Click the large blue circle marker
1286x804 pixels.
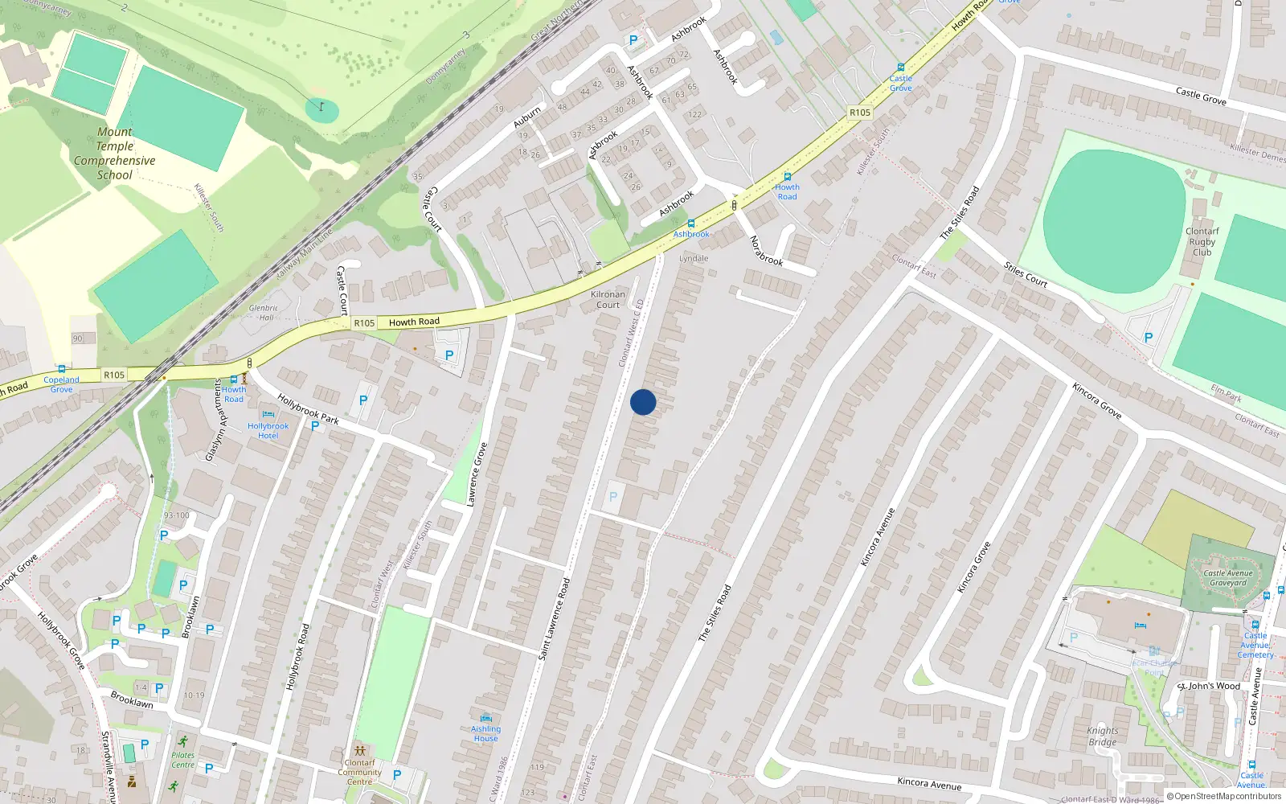pos(643,402)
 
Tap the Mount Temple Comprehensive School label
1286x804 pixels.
pos(115,154)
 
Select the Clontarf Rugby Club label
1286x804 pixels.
pos(1202,241)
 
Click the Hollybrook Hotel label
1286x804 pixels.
pos(268,431)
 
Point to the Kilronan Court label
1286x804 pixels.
pos(608,299)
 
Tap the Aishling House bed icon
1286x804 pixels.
pos(485,718)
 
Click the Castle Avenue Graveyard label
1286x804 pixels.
pos(1228,578)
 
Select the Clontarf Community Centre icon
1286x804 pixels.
pos(359,751)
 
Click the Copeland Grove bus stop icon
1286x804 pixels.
pos(61,370)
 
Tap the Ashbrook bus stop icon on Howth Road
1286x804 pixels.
pos(690,224)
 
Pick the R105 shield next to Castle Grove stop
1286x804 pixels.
pos(860,113)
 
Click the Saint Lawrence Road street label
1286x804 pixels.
pos(554,619)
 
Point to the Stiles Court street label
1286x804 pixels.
pos(1026,274)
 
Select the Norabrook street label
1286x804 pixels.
pos(766,251)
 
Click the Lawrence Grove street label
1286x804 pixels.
pos(477,474)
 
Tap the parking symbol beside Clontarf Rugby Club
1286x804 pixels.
pos(1149,338)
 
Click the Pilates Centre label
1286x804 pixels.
pos(182,760)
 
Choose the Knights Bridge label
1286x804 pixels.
pos(1103,736)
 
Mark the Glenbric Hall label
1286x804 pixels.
pos(264,313)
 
